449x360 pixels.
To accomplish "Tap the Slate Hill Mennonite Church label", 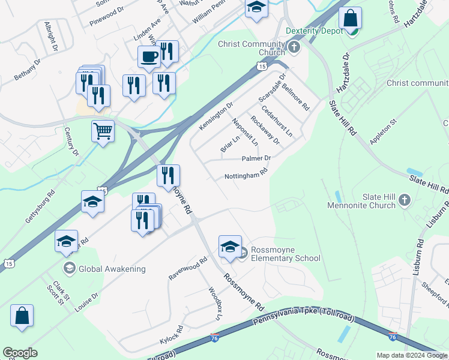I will tap(362, 201).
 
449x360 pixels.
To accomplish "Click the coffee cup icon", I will tap(149, 56).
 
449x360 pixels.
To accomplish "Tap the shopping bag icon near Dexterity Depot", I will tap(350, 19).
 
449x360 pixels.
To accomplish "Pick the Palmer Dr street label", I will tap(256, 158).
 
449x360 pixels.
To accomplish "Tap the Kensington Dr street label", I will tap(216, 116).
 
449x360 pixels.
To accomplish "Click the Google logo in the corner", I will tap(20, 353).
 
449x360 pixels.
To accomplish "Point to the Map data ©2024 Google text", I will tap(412, 355).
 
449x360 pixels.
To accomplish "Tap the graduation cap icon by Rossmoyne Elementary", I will tap(230, 247).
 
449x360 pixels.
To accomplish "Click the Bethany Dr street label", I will tap(27, 70).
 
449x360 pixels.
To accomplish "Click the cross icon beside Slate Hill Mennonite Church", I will tap(405, 200).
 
